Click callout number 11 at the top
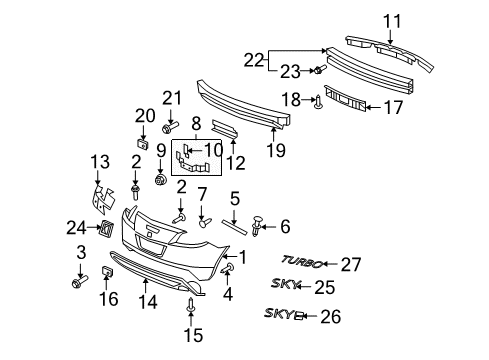coord(393,19)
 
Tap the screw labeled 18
coord(318,100)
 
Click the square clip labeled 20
coord(142,144)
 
